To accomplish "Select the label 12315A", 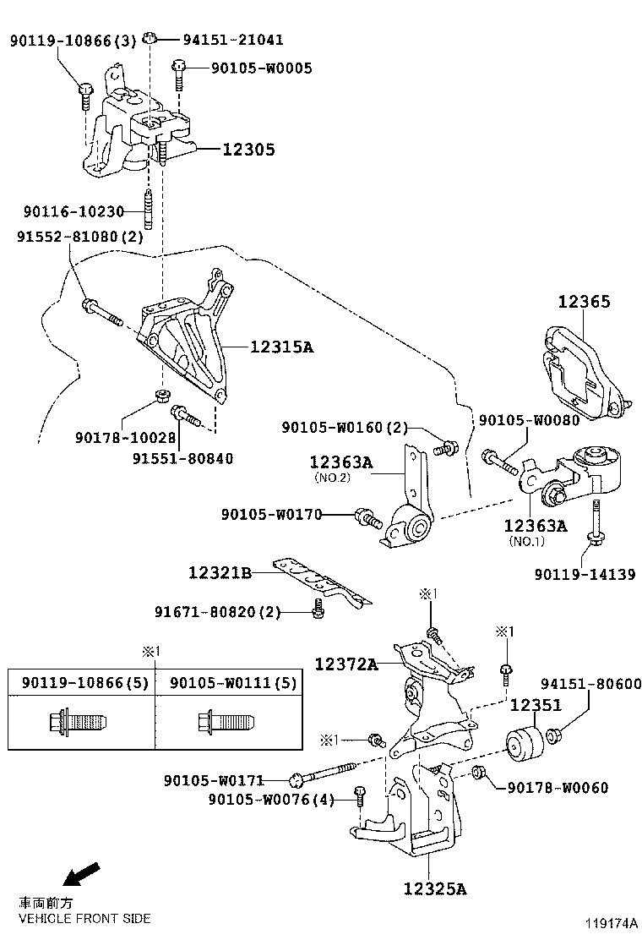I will coord(280,347).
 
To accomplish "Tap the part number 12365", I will coord(583,302).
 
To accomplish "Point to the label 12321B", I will coord(220,573).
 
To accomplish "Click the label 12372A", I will coord(346,664).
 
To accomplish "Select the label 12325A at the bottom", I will coord(434,888).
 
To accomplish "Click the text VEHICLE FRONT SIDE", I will coord(84,918).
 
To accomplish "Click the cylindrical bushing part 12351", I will coord(523,744).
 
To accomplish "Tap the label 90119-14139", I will coord(585,574).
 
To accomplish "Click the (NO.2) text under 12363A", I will coord(330,477).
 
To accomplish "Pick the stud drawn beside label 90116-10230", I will coord(150,211).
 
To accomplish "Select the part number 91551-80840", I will coord(182,458).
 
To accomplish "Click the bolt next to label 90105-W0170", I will coord(367,516).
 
